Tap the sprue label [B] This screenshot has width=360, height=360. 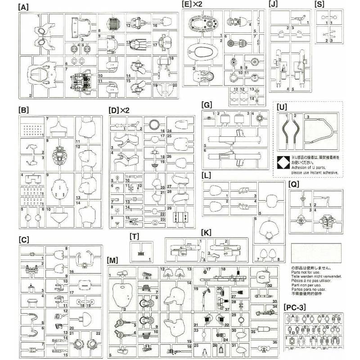pyautogui.click(x=23, y=109)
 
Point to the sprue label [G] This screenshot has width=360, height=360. pyautogui.click(x=207, y=105)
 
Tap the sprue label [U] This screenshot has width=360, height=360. pyautogui.click(x=282, y=108)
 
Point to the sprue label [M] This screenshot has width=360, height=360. pyautogui.click(x=113, y=261)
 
